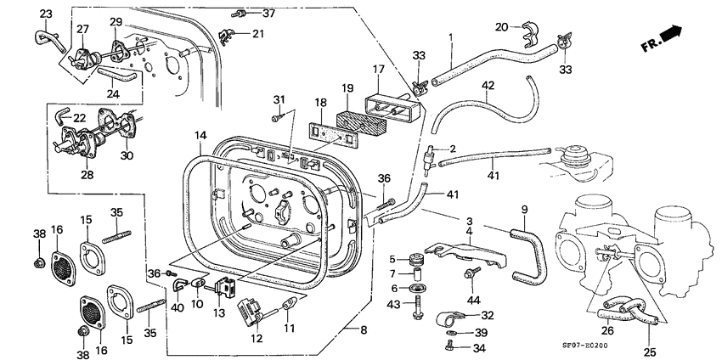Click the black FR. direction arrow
[672, 34]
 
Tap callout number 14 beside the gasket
[199, 135]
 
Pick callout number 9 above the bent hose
[524, 209]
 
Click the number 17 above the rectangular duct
[379, 70]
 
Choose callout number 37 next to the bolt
[268, 14]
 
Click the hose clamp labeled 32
[444, 321]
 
